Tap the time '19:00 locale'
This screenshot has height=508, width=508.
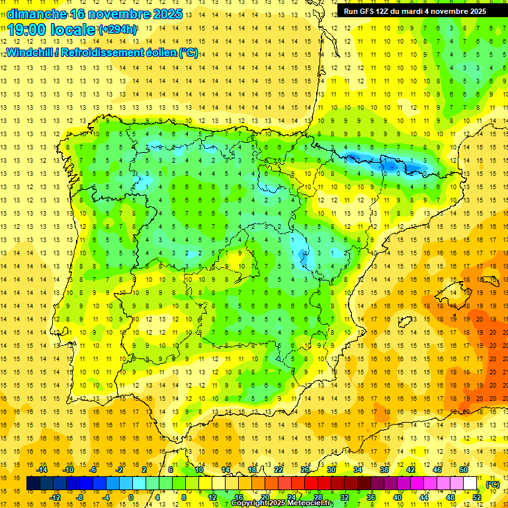click(52, 30)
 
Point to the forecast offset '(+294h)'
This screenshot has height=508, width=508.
click(118, 30)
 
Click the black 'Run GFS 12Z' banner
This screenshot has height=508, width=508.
click(415, 11)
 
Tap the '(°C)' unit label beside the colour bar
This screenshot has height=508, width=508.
click(492, 484)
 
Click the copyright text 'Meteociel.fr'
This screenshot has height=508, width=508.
click(305, 503)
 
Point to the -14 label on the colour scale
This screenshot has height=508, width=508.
click(43, 470)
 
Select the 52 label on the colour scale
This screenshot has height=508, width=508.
click(477, 497)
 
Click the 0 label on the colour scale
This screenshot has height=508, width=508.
click(131, 497)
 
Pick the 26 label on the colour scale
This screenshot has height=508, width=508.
click(305, 470)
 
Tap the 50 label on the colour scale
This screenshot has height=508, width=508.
click(463, 470)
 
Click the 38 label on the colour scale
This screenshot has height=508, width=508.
click(384, 470)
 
